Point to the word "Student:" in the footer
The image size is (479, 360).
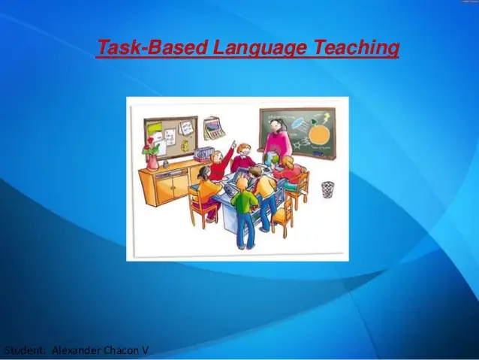tap(26, 351)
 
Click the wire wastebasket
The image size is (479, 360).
tap(327, 189)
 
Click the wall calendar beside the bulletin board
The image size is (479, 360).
tap(214, 127)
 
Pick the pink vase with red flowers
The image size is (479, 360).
tap(152, 158)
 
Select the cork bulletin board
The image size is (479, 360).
tap(169, 135)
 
